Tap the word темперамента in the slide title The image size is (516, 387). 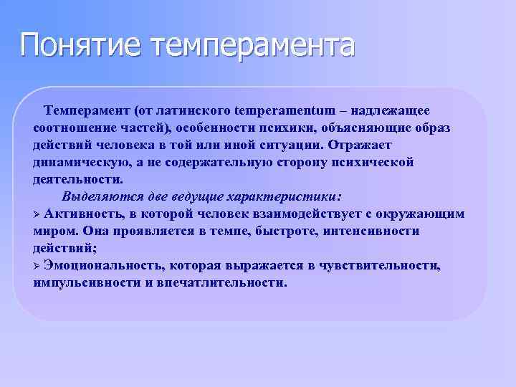[x=252, y=44]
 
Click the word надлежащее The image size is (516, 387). [x=391, y=110]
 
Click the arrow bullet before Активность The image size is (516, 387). [x=37, y=214]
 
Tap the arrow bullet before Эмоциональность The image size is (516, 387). [x=37, y=266]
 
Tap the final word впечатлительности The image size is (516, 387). [x=226, y=282]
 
